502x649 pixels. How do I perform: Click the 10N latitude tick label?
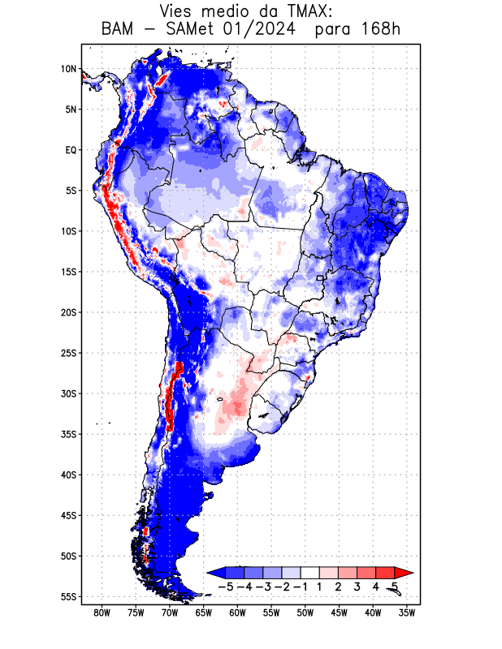[68, 69]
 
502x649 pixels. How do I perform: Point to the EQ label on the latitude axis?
[71, 150]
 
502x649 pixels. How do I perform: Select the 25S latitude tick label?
[68, 353]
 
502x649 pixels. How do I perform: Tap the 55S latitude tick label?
[68, 597]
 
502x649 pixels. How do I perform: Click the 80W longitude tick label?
[102, 613]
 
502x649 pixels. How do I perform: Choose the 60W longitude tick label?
[237, 613]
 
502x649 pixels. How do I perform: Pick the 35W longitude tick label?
[407, 613]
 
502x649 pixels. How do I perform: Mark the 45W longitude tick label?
[339, 613]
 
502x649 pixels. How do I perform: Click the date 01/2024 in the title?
[258, 30]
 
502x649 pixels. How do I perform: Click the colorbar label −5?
[225, 586]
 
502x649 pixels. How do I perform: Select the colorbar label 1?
[320, 586]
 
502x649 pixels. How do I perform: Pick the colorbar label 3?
[357, 586]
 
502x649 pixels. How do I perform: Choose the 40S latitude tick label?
[68, 475]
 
